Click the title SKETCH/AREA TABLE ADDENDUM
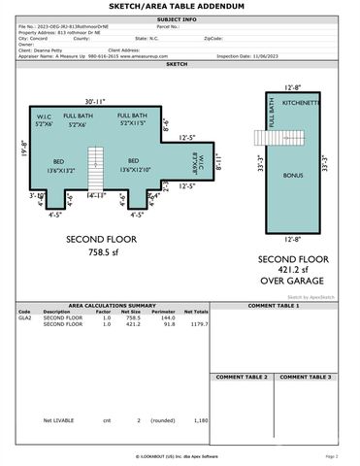click(180, 7)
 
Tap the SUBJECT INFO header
click(180, 18)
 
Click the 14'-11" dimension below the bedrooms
click(95, 195)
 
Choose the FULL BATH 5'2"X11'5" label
click(133, 120)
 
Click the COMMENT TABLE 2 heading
click(243, 376)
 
